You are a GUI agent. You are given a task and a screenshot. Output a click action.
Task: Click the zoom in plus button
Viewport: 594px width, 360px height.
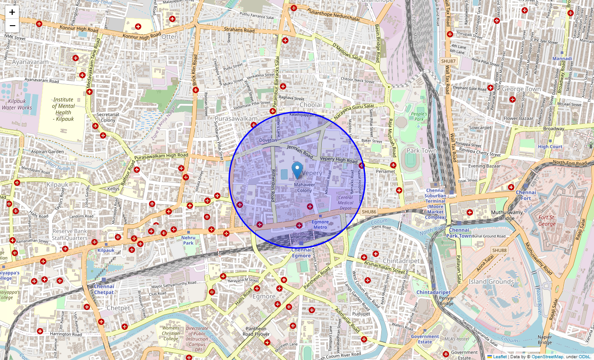(x=12, y=13)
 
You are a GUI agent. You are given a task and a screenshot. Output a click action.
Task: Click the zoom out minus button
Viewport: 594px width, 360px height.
(x=12, y=25)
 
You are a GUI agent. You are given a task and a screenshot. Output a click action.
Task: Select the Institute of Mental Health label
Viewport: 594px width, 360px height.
(x=63, y=109)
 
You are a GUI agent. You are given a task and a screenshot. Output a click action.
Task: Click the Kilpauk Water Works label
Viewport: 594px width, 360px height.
(x=17, y=104)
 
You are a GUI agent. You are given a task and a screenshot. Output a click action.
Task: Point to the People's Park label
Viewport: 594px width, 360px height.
(x=418, y=117)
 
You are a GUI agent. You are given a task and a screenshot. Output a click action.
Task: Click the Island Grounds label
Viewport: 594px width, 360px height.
(x=491, y=281)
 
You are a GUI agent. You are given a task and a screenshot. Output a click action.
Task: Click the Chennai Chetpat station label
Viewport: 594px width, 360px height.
(x=104, y=289)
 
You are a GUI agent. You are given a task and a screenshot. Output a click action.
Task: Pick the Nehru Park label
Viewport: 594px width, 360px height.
(x=188, y=240)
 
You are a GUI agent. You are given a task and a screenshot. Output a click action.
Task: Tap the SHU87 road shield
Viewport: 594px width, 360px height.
(x=449, y=61)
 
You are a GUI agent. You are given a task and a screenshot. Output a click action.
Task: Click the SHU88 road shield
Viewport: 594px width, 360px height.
(x=499, y=250)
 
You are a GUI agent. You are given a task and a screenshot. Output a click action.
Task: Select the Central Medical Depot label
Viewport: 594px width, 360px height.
(x=345, y=202)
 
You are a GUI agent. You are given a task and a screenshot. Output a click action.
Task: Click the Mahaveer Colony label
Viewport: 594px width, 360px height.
(x=304, y=187)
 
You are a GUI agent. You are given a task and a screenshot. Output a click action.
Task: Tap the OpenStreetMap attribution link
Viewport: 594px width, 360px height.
(x=547, y=356)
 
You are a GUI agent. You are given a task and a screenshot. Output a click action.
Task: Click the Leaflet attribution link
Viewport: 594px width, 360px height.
(x=499, y=356)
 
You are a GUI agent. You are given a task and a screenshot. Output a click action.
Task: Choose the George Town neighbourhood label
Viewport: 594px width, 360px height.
(x=521, y=89)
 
